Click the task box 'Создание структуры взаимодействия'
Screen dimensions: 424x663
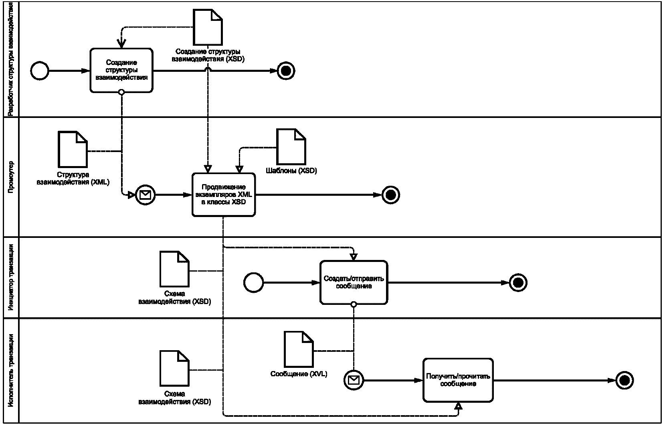pos(121,71)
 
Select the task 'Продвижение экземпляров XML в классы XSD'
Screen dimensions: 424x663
pos(223,195)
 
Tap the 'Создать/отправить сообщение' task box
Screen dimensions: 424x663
pos(354,282)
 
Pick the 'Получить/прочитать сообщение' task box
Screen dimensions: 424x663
pos(458,380)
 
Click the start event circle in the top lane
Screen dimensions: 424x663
pos(40,71)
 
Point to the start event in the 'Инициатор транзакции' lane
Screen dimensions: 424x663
pos(254,282)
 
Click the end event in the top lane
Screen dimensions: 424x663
pos(286,71)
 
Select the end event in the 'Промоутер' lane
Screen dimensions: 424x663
pos(391,195)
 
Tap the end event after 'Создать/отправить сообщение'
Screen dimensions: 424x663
pos(518,282)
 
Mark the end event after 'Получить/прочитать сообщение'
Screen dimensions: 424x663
pos(624,380)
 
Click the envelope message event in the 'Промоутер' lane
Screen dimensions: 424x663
pos(145,195)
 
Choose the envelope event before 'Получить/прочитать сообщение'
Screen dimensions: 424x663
pos(354,379)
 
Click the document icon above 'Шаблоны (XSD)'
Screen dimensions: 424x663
pos(291,146)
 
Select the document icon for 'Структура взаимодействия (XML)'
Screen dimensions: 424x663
pos(73,149)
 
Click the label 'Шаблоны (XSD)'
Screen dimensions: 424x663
pos(291,171)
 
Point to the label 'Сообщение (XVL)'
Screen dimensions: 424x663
pos(299,374)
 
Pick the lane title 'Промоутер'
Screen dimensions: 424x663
pos(11,176)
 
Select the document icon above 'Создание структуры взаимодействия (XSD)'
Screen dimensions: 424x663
pos(208,27)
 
